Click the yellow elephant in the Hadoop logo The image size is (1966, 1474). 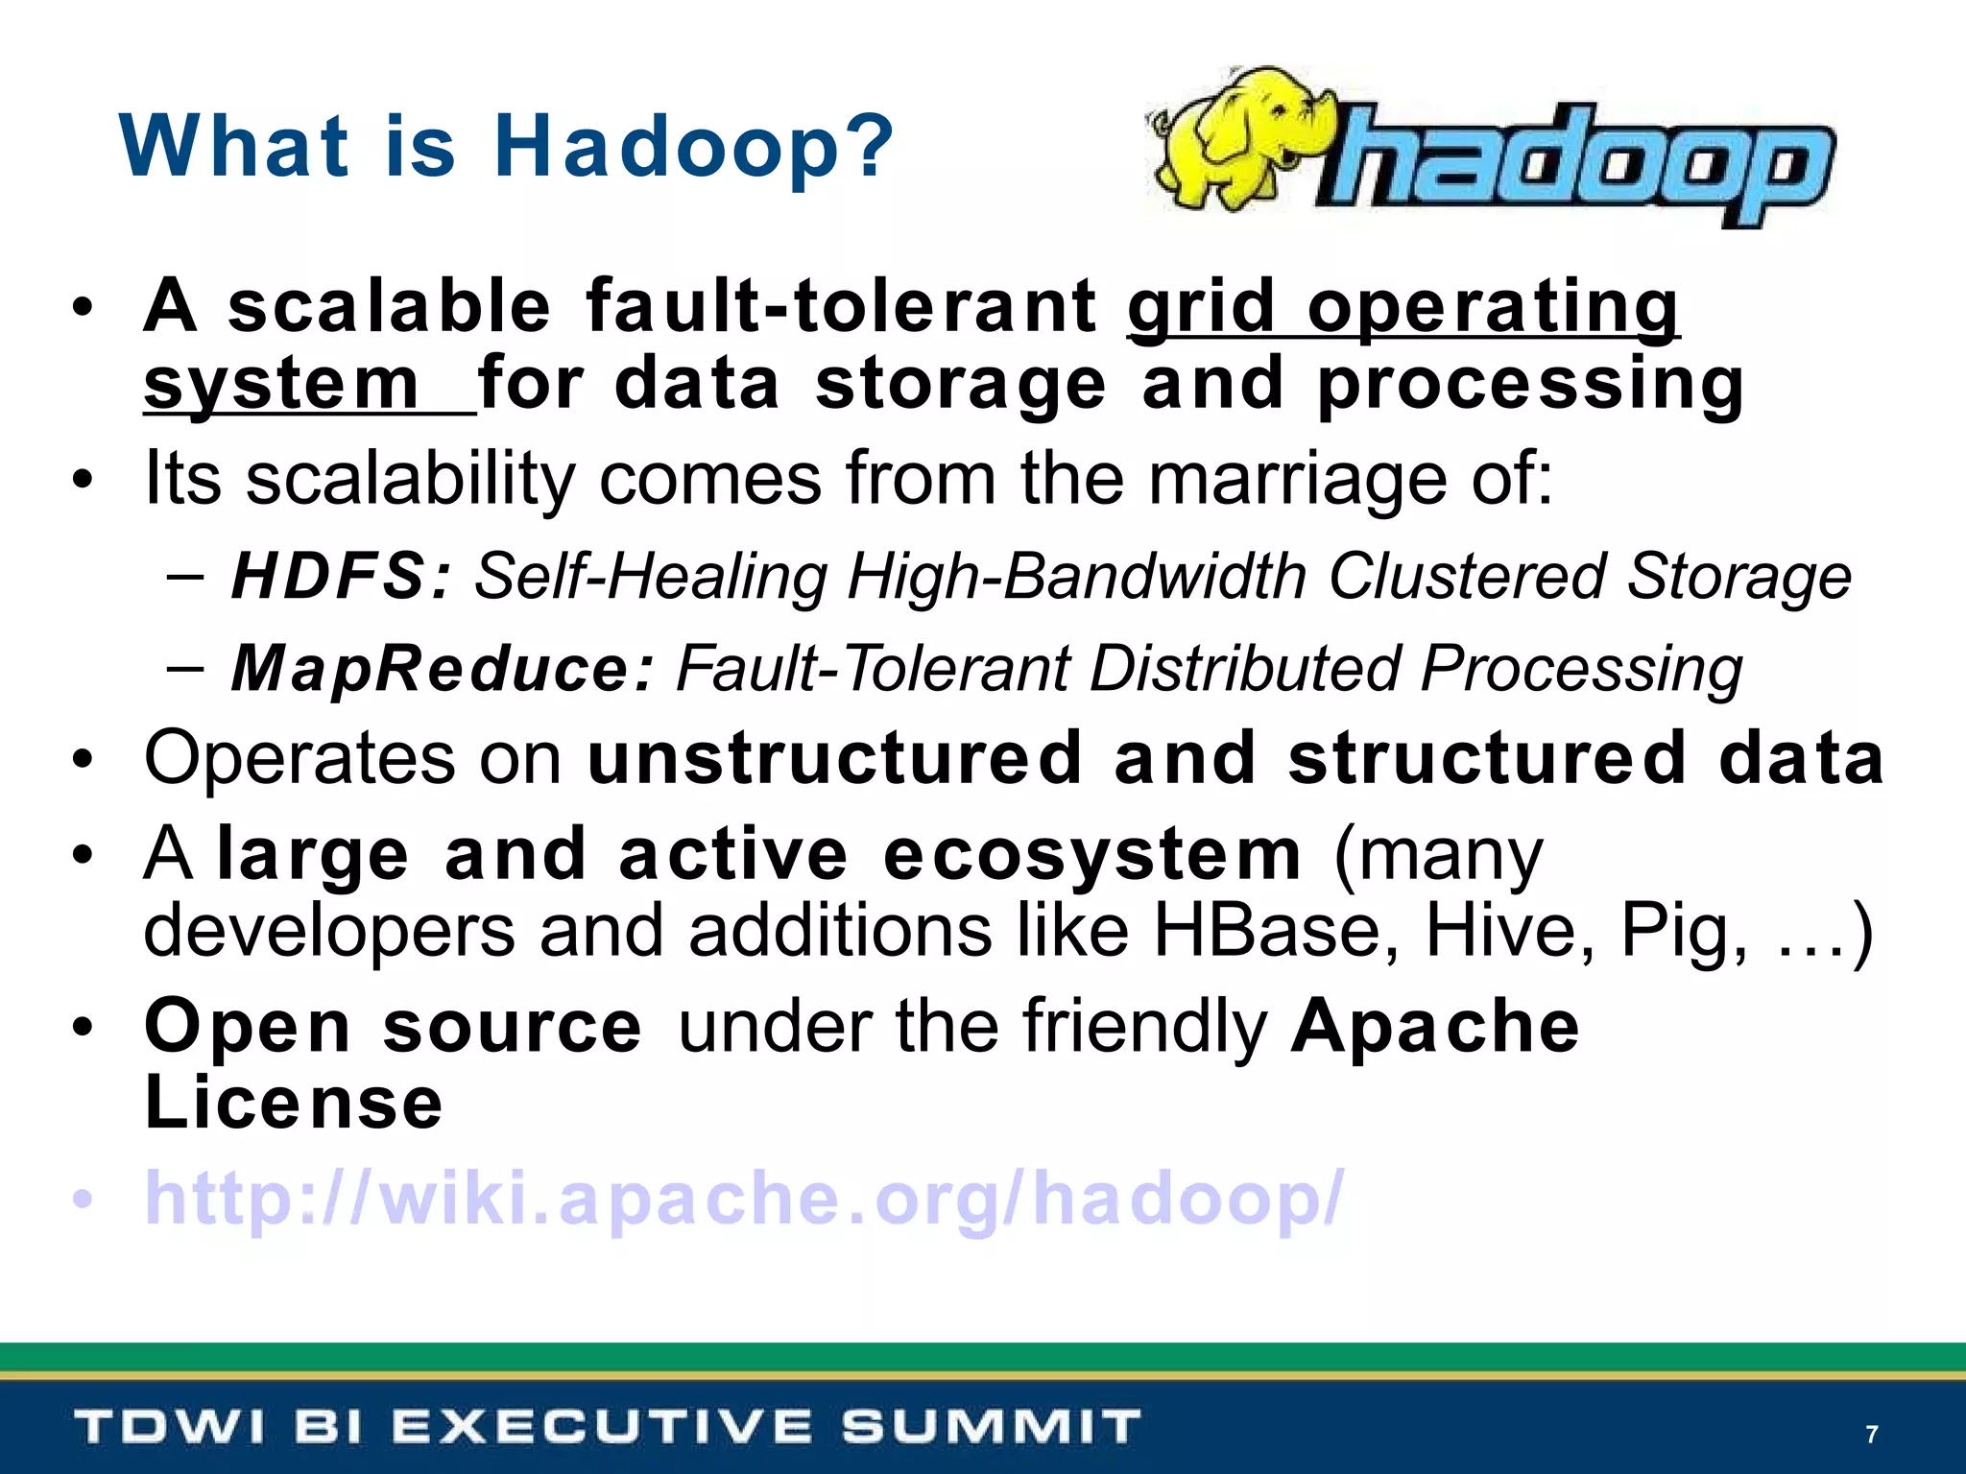1238,139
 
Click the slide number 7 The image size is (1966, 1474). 1871,1435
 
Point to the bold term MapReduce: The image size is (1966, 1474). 443,668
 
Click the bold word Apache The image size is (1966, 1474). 1435,1026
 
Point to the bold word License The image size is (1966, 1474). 294,1103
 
